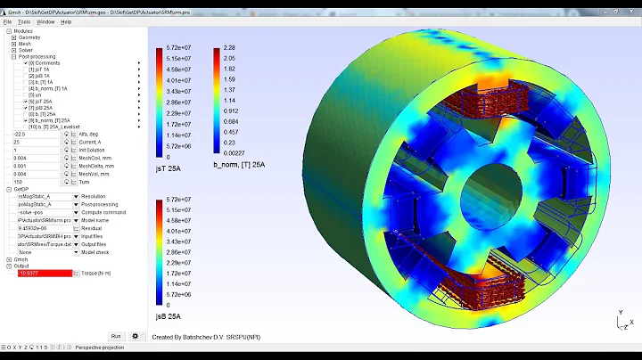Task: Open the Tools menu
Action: coord(23,21)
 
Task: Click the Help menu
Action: coord(66,21)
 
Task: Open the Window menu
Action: coord(45,21)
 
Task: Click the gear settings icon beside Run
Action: coord(136,336)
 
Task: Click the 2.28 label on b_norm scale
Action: coord(229,48)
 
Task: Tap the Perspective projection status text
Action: coord(99,347)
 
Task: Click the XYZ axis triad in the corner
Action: coord(624,320)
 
